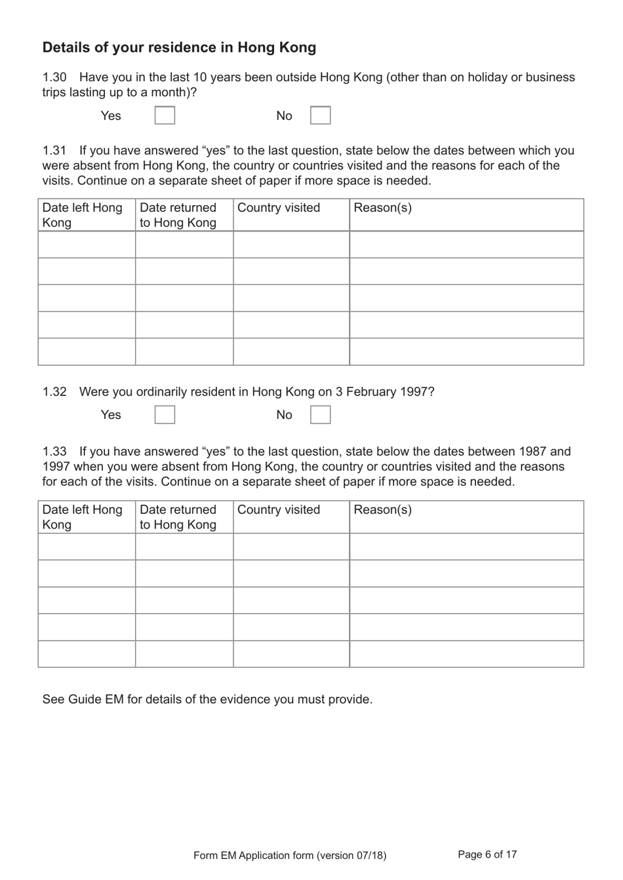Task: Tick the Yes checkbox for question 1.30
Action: pyautogui.click(x=165, y=115)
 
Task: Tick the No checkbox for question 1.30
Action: pyautogui.click(x=320, y=115)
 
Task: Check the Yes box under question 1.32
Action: pyautogui.click(x=165, y=414)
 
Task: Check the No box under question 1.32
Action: pyautogui.click(x=320, y=414)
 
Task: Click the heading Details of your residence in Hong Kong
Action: pyautogui.click(x=179, y=47)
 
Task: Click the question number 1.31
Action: pyautogui.click(x=54, y=150)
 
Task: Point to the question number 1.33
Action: pyautogui.click(x=54, y=451)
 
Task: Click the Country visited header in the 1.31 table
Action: pyautogui.click(x=279, y=208)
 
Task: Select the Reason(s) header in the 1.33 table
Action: pyautogui.click(x=382, y=510)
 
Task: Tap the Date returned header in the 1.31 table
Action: pyautogui.click(x=178, y=214)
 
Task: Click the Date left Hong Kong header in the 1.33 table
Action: pyautogui.click(x=82, y=517)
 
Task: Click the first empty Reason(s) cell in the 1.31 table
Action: pyautogui.click(x=466, y=245)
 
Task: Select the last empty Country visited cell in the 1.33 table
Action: pyautogui.click(x=291, y=654)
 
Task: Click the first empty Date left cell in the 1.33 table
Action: pyautogui.click(x=87, y=546)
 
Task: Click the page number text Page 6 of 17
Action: pyautogui.click(x=487, y=854)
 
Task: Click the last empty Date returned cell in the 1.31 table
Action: pyautogui.click(x=184, y=351)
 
